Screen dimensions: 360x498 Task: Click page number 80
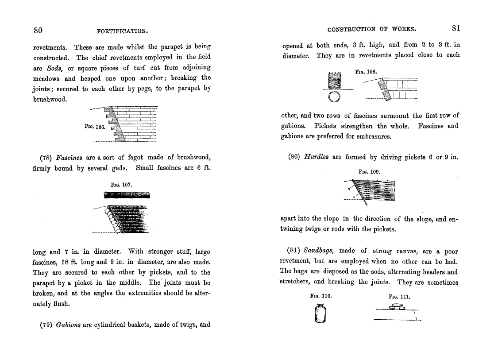[38, 31]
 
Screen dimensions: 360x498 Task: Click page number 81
[456, 28]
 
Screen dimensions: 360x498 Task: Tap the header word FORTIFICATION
[122, 31]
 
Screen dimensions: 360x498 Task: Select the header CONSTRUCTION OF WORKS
[371, 29]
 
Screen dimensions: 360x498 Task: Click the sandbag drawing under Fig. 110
[321, 314]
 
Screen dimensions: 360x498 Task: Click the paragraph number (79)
[46, 325]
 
